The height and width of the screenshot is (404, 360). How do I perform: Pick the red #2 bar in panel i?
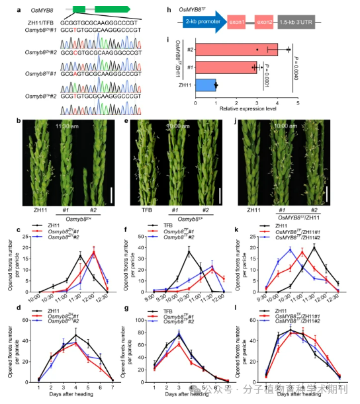241,50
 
